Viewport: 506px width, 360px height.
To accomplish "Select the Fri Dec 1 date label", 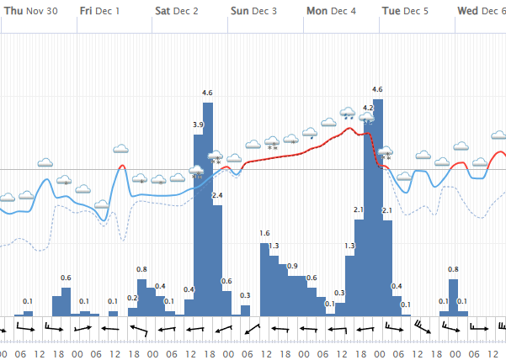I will pos(99,12).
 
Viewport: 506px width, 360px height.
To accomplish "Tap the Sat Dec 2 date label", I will pos(177,12).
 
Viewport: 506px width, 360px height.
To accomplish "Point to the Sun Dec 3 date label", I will pos(253,12).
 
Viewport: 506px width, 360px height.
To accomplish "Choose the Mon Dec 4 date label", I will pos(330,12).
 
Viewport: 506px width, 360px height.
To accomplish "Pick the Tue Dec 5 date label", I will pos(405,12).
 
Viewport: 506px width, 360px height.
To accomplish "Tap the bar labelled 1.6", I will pos(264,278).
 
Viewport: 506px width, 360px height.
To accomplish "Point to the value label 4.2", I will pos(368,108).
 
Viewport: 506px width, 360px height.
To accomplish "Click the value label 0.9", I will pos(292,266).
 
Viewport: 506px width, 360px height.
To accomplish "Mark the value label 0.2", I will pos(132,298).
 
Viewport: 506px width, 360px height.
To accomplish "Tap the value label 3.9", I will pos(198,124).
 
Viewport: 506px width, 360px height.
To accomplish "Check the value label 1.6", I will pos(264,233).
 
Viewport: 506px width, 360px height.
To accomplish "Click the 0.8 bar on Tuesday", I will pos(453,297).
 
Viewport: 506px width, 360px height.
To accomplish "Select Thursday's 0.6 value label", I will pos(66,278).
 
